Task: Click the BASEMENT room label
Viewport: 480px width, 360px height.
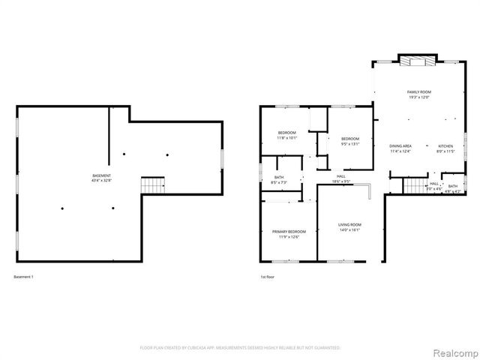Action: [x=101, y=175]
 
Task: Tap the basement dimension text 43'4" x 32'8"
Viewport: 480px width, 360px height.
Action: [x=101, y=181]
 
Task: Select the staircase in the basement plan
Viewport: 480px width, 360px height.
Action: [x=154, y=184]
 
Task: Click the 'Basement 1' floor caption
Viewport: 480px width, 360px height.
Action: [x=24, y=277]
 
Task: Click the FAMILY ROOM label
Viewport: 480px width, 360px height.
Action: [x=420, y=91]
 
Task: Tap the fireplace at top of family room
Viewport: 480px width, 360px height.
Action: [x=415, y=61]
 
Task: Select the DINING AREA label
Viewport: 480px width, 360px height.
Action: [x=400, y=145]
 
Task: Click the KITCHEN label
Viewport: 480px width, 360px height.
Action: [x=445, y=145]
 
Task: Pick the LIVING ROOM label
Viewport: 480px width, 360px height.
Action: [x=349, y=225]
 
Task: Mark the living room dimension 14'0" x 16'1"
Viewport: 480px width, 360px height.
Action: [x=349, y=230]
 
